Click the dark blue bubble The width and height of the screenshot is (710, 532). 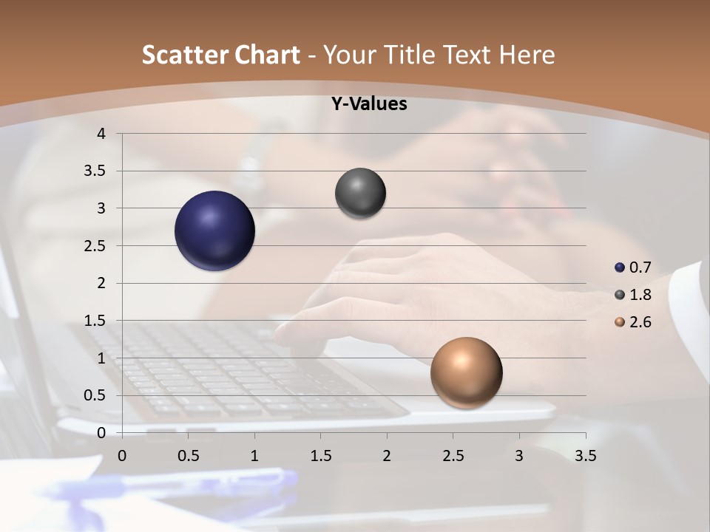pos(215,231)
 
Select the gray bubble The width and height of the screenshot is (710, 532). pos(360,194)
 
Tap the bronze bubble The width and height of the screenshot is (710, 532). pos(466,372)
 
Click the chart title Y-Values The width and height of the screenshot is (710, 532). pos(368,104)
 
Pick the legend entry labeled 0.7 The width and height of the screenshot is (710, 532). pos(633,267)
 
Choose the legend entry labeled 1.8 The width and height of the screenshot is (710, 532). pos(633,295)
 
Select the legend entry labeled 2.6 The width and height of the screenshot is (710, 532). pos(633,322)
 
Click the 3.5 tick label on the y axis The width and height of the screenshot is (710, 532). pos(94,171)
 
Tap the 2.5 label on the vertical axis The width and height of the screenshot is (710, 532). pos(94,246)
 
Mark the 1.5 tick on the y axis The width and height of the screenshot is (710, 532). pos(94,321)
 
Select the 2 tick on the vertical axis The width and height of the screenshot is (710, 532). pos(102,283)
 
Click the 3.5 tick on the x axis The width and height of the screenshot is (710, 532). pos(585,456)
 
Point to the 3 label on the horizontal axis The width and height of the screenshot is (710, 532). pos(519,456)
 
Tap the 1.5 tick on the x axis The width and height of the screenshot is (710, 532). pos(320,456)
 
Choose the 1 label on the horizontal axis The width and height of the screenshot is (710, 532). pos(254,456)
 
